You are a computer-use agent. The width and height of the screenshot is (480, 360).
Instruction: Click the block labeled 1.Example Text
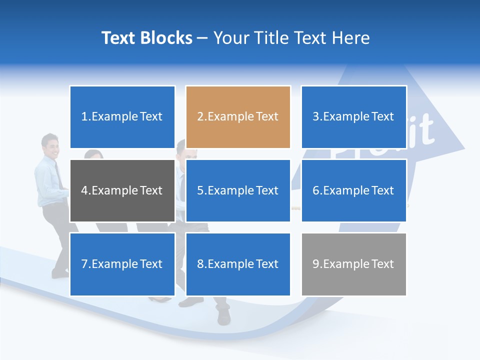tap(122, 117)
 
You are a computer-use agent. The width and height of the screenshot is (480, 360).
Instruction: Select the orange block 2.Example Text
tap(238, 117)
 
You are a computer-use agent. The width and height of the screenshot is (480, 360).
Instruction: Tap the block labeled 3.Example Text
tap(353, 117)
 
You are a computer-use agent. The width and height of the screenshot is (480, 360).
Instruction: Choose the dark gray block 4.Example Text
tap(122, 190)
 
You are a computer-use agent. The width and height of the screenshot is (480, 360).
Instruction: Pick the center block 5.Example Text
tap(238, 190)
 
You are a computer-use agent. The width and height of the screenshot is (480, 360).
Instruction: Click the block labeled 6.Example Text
tap(353, 190)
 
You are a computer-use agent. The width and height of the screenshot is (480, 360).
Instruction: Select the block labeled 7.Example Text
tap(122, 264)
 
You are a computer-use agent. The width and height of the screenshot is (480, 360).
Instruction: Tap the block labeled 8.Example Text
tap(238, 264)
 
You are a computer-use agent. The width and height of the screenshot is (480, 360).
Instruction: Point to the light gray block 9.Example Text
tap(353, 264)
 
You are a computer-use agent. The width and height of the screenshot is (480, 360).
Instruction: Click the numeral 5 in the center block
tap(200, 190)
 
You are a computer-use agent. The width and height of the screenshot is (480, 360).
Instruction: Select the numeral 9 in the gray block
tap(316, 264)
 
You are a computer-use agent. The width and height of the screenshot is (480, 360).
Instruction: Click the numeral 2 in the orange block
tap(200, 117)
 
